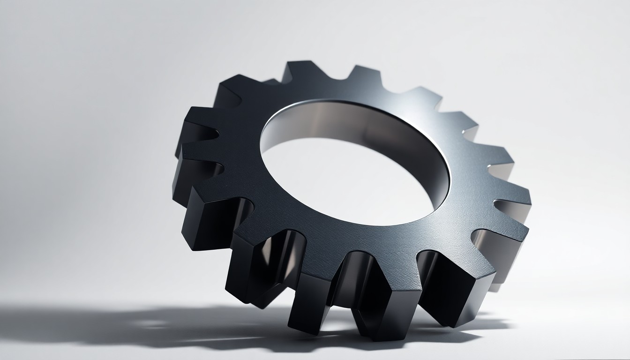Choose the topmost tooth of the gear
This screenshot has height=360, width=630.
[x=300, y=70]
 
